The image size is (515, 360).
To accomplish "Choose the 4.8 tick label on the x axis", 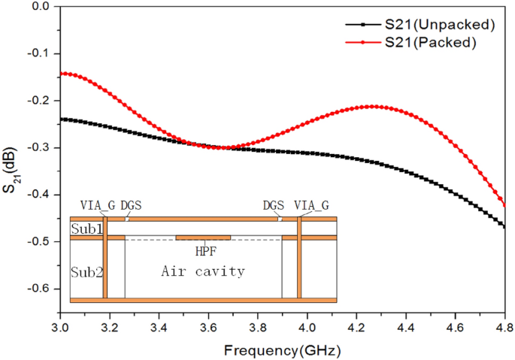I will (x=504, y=328).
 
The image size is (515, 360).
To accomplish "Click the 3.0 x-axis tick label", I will (x=61, y=328).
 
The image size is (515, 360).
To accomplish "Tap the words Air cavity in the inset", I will (x=203, y=271).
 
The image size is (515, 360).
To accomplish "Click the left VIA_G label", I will (x=96, y=204).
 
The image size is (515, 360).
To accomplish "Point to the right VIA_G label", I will (x=311, y=204).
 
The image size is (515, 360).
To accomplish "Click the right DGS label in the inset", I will (x=274, y=204).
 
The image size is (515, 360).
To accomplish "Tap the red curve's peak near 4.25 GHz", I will (x=371, y=107).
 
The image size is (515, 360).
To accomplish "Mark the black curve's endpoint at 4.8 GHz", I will (x=504, y=225).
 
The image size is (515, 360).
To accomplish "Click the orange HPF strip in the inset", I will (x=203, y=237).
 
